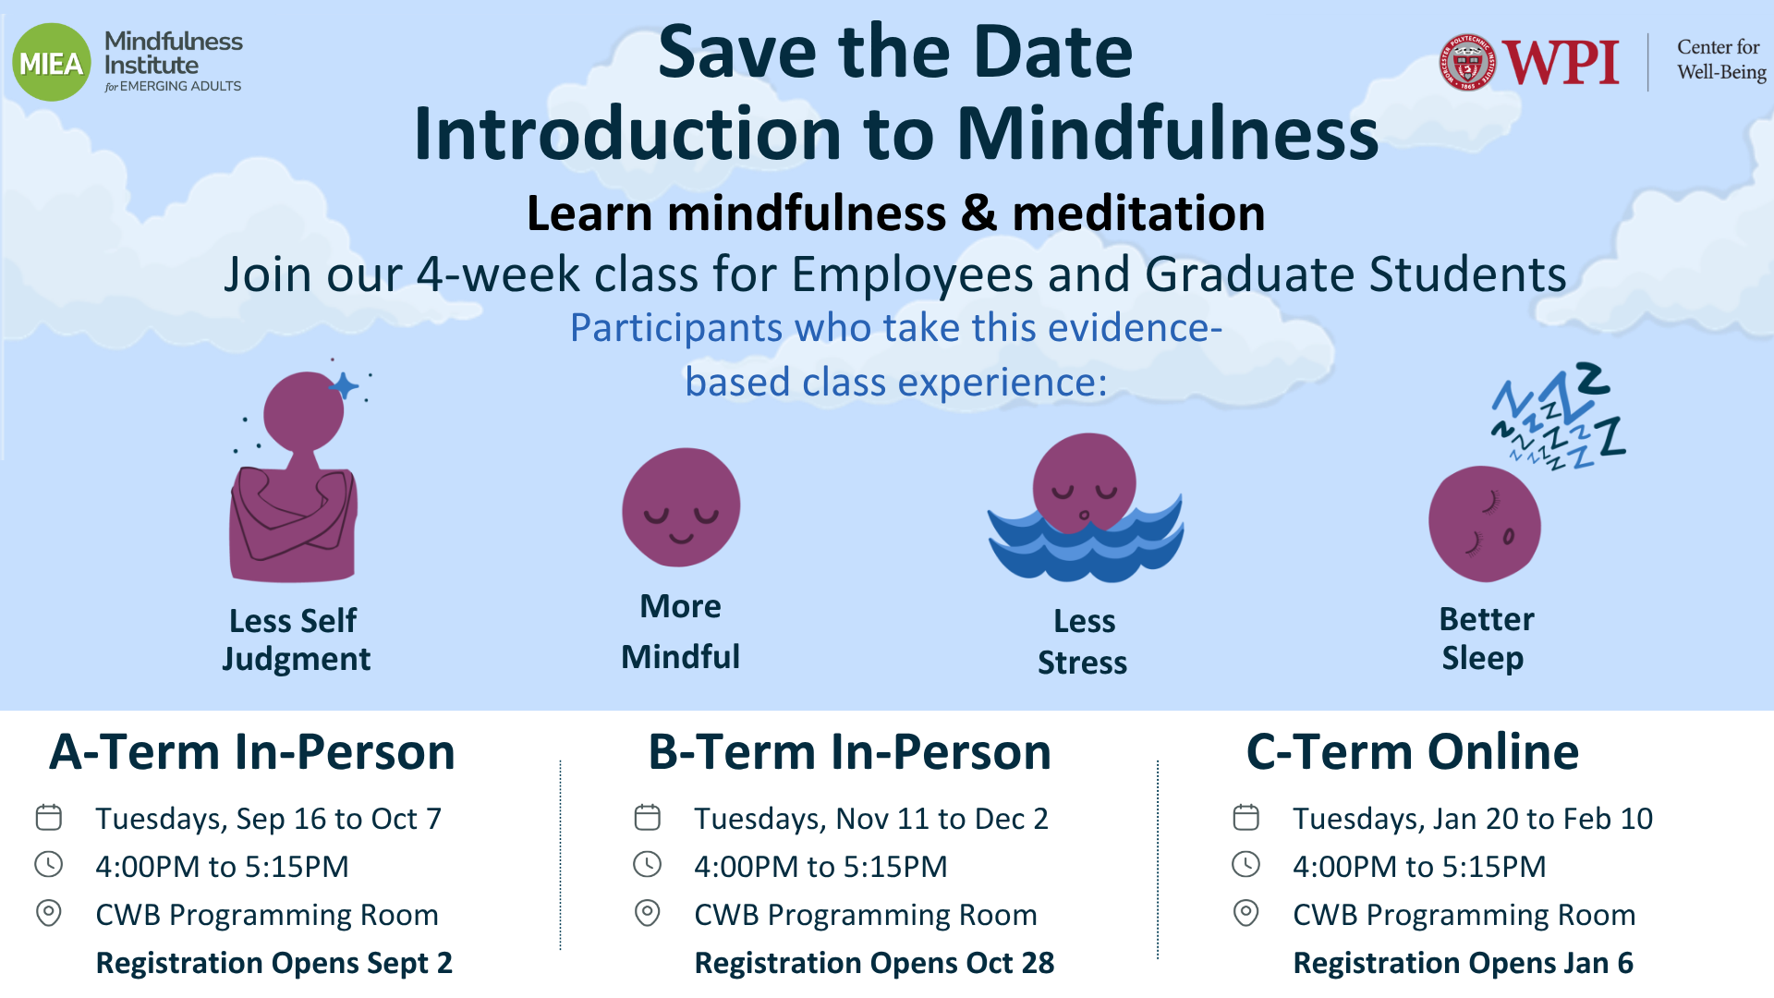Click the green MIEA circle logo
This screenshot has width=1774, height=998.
52,62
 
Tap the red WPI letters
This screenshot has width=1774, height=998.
1561,63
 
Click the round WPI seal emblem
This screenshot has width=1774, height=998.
1467,63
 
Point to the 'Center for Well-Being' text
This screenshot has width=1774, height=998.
1721,59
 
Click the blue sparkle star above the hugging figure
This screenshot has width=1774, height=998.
344,385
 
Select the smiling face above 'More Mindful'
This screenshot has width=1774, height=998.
681,507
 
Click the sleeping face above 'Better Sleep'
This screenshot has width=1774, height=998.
1484,524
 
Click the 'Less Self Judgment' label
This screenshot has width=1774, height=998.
296,639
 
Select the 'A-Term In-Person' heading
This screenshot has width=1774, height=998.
252,751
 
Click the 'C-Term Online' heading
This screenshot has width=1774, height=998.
1413,751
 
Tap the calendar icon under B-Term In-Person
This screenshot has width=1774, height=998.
648,817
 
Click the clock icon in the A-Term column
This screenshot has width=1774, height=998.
49,865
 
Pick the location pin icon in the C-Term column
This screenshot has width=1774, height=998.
1246,913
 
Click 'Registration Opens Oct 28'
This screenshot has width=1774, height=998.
874,963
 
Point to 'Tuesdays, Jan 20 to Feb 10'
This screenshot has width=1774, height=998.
1473,819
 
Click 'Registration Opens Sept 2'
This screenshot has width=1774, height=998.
274,963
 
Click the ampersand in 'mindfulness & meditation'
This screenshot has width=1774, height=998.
978,213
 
